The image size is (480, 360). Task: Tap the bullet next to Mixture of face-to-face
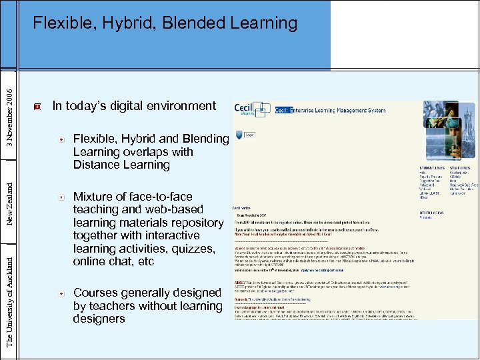click(61, 197)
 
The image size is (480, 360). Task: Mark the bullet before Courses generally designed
click(61, 293)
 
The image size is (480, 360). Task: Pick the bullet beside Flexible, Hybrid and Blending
click(61, 139)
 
